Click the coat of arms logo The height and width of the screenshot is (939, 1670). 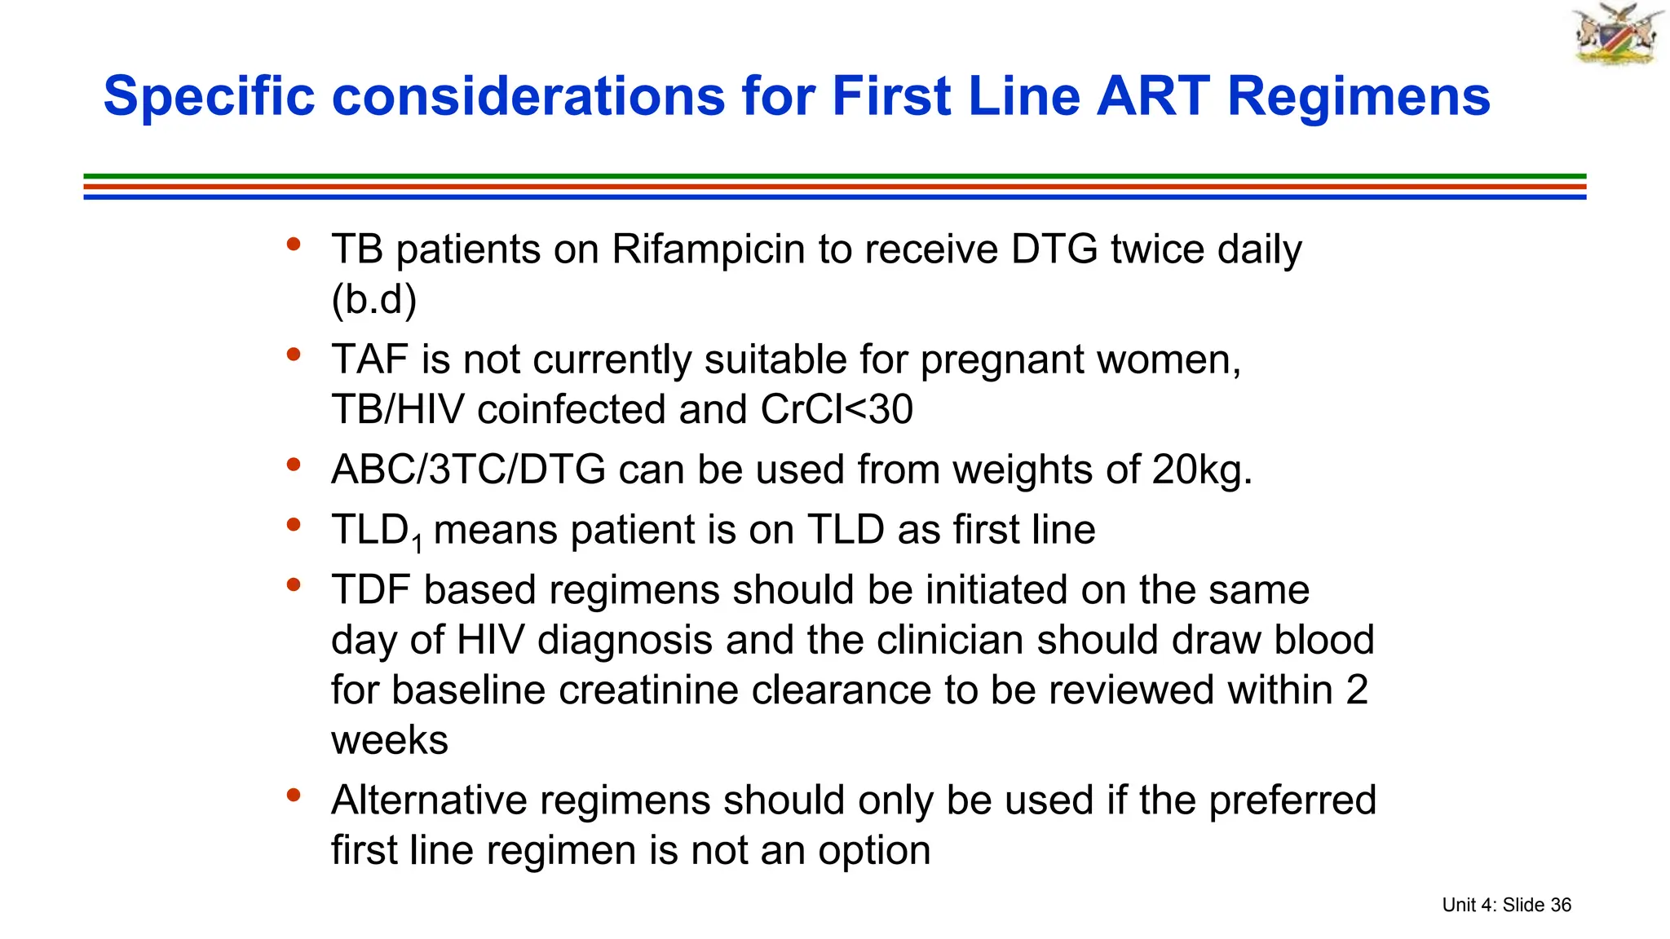point(1617,34)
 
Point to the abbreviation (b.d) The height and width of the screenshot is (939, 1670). point(373,299)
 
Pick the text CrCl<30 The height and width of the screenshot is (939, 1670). point(837,409)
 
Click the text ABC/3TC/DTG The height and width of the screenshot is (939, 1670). point(468,469)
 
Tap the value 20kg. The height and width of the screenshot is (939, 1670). point(1202,470)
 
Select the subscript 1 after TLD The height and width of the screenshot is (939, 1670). point(417,543)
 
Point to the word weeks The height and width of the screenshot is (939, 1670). point(390,740)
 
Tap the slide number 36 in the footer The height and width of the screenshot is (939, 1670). point(1561,905)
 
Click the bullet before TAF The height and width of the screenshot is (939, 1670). point(294,355)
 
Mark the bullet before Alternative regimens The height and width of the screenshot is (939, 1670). point(294,795)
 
